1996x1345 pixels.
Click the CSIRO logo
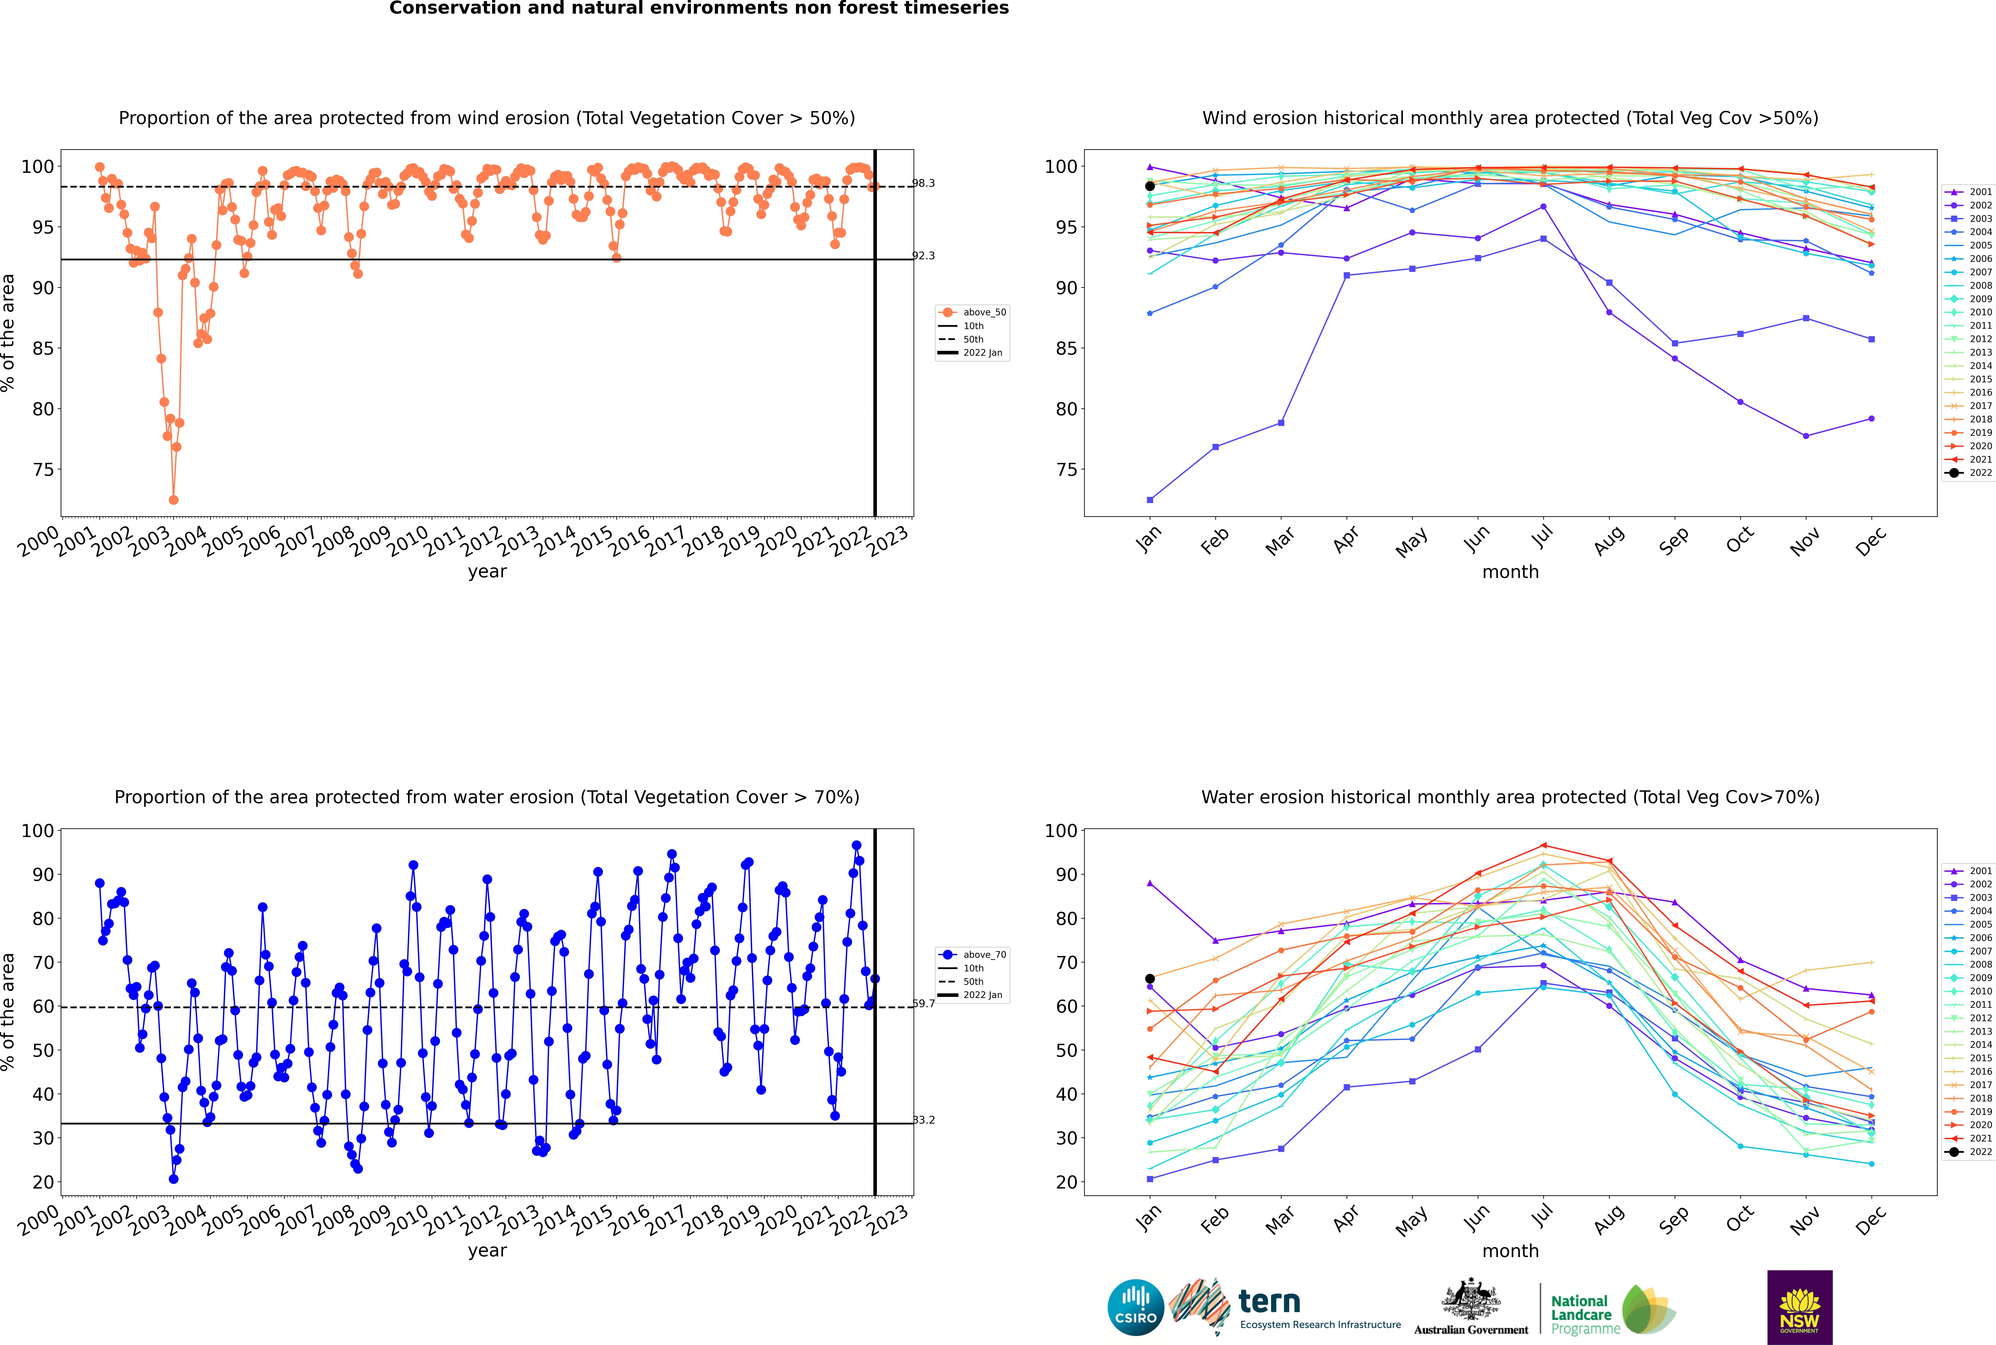pyautogui.click(x=1135, y=1307)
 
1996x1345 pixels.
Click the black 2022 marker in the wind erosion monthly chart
pyautogui.click(x=1150, y=186)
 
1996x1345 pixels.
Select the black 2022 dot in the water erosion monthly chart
pyautogui.click(x=1150, y=979)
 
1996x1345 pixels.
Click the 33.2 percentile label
pyautogui.click(x=923, y=1119)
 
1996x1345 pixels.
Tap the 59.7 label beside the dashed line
pyautogui.click(x=923, y=1003)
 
